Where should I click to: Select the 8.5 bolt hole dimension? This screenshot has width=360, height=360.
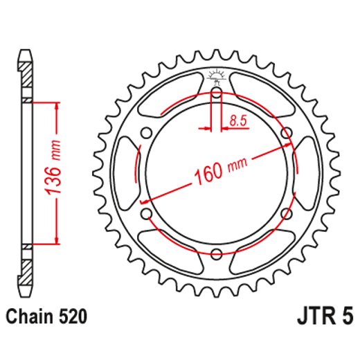point(237,121)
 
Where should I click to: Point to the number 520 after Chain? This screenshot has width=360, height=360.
point(73,318)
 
